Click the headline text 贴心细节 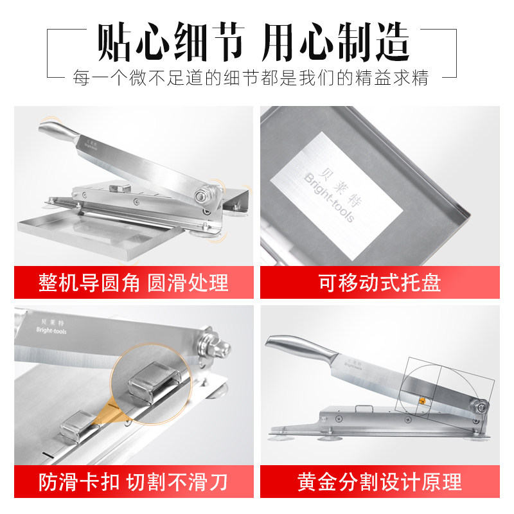171,42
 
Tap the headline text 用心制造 336,42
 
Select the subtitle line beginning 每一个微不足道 251,78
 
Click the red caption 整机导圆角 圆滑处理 134,283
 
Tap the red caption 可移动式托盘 380,283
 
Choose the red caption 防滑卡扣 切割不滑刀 134,482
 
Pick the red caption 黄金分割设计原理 380,482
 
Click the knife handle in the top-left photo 58,130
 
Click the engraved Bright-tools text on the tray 329,198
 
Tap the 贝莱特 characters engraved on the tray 341,187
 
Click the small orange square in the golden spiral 423,400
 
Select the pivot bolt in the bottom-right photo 481,408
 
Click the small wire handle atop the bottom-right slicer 364,409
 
